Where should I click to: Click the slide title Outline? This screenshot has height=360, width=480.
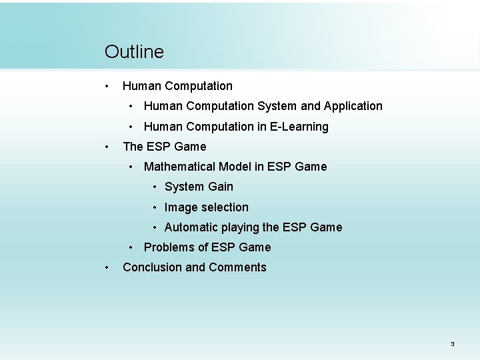pyautogui.click(x=134, y=52)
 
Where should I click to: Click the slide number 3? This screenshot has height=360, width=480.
pyautogui.click(x=452, y=344)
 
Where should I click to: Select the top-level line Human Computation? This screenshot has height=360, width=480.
pyautogui.click(x=177, y=86)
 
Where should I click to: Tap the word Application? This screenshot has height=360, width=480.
pyautogui.click(x=353, y=106)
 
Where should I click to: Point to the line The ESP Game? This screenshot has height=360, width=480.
pyautogui.click(x=165, y=147)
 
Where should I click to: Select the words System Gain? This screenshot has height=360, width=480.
pyautogui.click(x=199, y=187)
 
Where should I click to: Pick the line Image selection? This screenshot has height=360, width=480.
pyautogui.click(x=206, y=207)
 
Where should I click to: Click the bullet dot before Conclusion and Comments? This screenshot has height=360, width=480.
pyautogui.click(x=107, y=267)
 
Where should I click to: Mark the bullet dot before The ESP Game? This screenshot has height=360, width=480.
pyautogui.click(x=107, y=147)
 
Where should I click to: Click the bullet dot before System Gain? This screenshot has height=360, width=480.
pyautogui.click(x=155, y=187)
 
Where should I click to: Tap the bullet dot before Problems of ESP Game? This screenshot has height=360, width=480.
pyautogui.click(x=133, y=247)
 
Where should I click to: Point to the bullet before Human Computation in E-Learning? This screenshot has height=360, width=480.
pyautogui.click(x=133, y=127)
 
